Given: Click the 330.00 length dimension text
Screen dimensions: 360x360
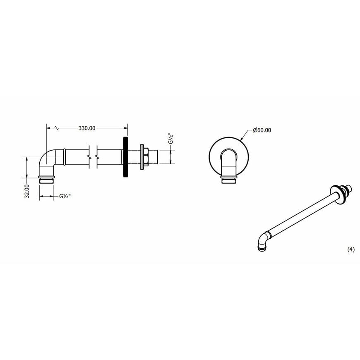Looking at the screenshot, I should [87, 128].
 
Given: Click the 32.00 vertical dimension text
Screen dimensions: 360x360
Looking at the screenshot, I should [26, 191].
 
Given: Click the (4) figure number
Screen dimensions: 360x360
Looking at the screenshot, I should [350, 250].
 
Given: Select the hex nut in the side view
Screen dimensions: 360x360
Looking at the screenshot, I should [143, 157].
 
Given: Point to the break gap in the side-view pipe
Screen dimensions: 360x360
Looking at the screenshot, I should [93, 157].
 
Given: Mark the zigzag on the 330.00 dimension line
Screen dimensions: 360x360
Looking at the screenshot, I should [57, 128].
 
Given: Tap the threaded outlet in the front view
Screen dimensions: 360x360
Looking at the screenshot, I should [229, 179].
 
